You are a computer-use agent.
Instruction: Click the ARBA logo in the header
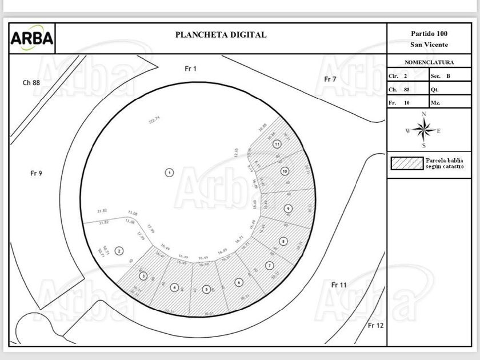32,39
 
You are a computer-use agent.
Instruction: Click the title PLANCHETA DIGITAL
221,35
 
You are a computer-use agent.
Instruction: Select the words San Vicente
429,45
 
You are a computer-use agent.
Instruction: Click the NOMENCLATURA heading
429,62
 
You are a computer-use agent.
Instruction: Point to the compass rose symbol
423,131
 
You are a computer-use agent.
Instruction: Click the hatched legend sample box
406,163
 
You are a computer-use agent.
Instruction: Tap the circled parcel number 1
169,172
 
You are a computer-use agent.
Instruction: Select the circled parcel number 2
119,250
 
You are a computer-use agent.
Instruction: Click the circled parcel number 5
206,289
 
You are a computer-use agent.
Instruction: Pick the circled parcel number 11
277,145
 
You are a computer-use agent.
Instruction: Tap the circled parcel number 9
288,209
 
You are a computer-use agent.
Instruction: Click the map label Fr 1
191,69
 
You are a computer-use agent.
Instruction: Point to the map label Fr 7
330,79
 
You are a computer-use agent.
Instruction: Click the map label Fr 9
36,173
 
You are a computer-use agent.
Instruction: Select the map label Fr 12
375,326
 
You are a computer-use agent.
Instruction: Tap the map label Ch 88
31,82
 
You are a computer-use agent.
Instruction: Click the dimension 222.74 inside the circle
154,119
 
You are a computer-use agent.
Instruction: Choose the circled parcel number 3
143,276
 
